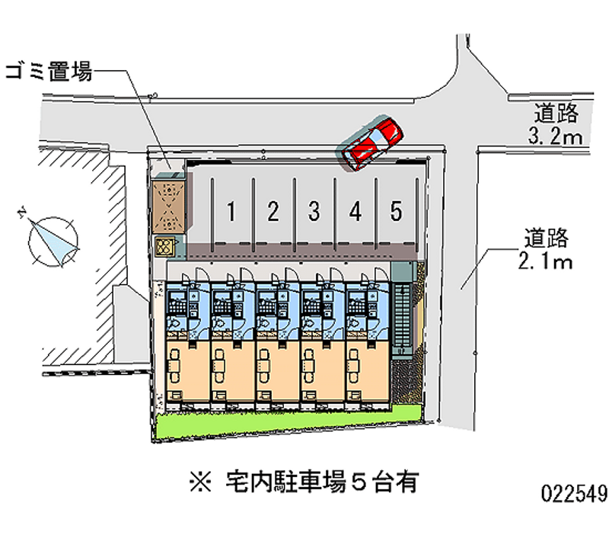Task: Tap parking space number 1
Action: point(231,212)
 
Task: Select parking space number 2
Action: point(273,212)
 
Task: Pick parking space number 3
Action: point(313,212)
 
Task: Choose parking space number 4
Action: point(355,212)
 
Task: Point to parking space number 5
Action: point(396,212)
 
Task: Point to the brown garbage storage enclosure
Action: point(168,206)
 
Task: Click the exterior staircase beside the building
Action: point(403,316)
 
